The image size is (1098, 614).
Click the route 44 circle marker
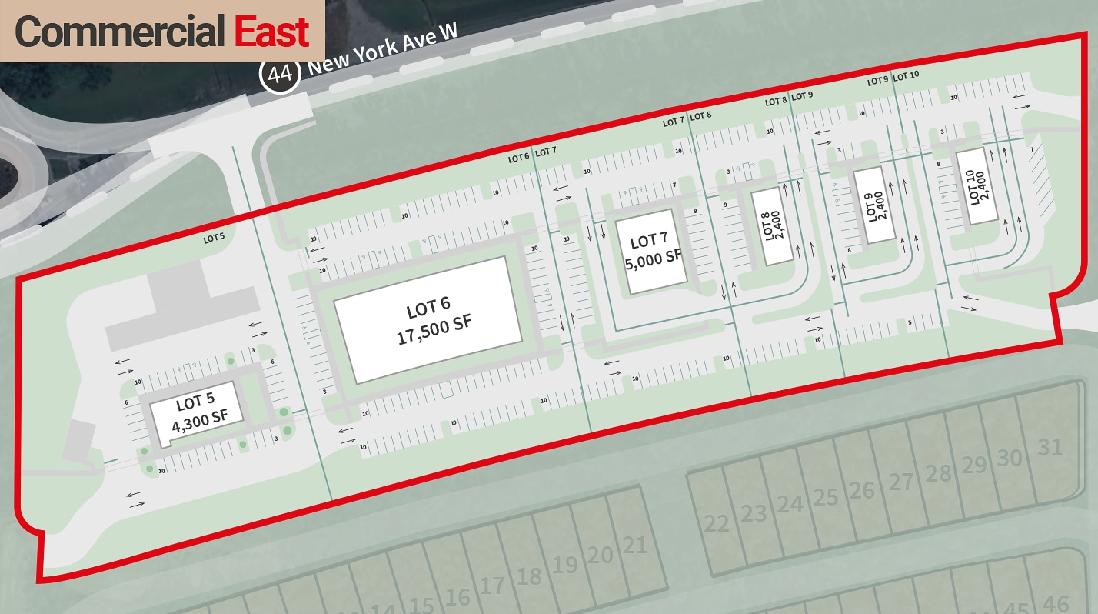280,74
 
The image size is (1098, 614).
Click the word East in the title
271,32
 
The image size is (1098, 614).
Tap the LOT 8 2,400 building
770,228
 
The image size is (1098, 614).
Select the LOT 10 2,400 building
977,185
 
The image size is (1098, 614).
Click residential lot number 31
1050,446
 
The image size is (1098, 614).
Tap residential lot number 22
716,523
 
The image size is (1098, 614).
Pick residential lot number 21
634,546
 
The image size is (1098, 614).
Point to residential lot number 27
900,482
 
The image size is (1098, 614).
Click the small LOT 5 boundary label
214,238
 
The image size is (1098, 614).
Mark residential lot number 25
825,497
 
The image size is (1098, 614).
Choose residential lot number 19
565,565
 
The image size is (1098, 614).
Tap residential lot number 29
974,465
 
